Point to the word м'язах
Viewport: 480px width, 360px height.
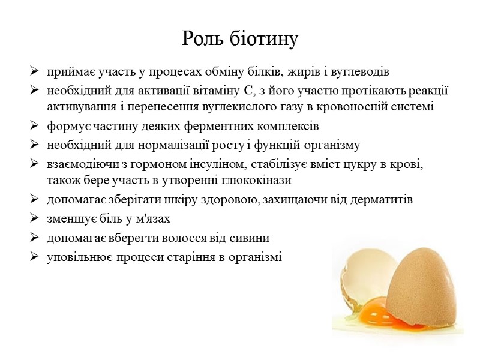[155, 218]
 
